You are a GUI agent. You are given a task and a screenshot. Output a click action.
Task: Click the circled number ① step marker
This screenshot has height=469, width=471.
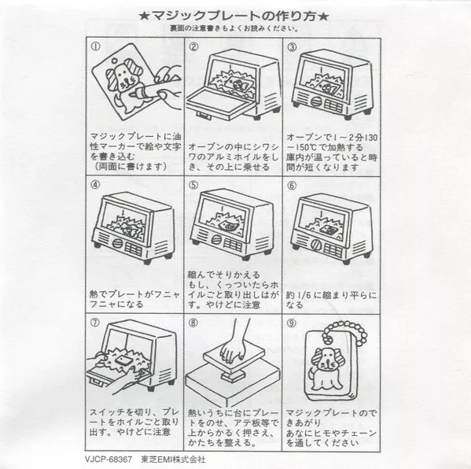95,46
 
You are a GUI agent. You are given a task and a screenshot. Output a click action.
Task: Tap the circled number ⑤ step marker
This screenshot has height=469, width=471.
193,185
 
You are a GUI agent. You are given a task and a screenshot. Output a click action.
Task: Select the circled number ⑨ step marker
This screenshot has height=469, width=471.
292,323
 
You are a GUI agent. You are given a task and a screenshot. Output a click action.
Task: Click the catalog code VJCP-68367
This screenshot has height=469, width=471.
109,460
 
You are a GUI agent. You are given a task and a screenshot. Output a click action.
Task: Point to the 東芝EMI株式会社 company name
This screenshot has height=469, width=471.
173,460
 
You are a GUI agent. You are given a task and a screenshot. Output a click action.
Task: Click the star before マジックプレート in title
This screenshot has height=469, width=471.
145,16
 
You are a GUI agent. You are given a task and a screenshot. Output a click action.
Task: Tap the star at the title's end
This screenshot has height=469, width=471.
323,16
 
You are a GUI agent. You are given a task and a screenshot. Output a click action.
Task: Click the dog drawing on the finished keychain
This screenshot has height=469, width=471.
326,367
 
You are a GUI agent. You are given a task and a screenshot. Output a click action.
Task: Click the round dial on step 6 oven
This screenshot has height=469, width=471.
316,245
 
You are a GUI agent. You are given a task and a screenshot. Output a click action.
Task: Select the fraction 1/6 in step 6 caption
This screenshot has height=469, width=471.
303,295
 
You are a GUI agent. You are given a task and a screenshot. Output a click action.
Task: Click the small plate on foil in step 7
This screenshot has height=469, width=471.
125,359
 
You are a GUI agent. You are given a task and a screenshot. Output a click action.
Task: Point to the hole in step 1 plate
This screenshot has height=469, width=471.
115,61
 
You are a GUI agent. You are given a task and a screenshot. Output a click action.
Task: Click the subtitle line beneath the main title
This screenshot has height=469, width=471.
234,28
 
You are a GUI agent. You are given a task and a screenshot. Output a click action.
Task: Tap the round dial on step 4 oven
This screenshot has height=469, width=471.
118,243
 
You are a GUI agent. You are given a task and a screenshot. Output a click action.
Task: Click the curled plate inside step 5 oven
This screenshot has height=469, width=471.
227,226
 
